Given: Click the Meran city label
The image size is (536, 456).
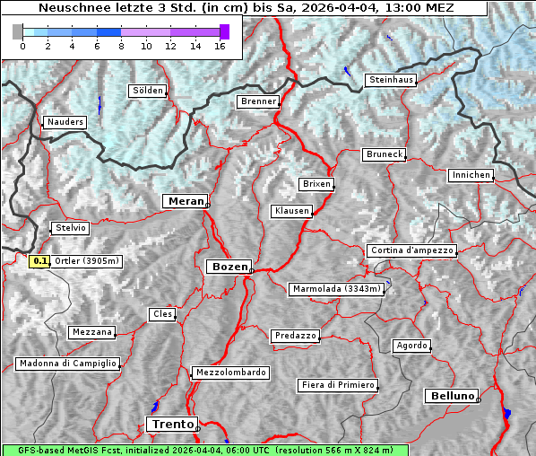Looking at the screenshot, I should pyautogui.click(x=185, y=201).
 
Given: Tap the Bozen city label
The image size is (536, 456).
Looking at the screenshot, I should pyautogui.click(x=229, y=267).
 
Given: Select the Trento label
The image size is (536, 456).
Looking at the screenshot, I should pyautogui.click(x=171, y=425).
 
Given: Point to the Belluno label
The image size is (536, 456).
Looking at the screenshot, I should pyautogui.click(x=451, y=395).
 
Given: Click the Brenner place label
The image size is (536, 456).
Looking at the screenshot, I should pyautogui.click(x=258, y=102).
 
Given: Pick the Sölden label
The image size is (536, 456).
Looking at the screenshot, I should pyautogui.click(x=148, y=91).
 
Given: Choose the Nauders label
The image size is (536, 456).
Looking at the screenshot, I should pyautogui.click(x=65, y=122).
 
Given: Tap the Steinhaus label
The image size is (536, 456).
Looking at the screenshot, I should pyautogui.click(x=392, y=80).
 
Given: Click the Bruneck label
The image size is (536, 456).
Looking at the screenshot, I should pyautogui.click(x=385, y=154).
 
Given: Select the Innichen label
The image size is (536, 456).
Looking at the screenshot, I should pyautogui.click(x=471, y=175).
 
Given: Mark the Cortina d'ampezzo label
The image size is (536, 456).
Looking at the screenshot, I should pyautogui.click(x=411, y=250).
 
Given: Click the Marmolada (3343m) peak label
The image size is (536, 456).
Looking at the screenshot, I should pyautogui.click(x=337, y=289).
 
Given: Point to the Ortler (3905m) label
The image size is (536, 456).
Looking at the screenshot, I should pyautogui.click(x=86, y=261).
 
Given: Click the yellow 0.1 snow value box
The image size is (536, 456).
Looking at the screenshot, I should pyautogui.click(x=39, y=261).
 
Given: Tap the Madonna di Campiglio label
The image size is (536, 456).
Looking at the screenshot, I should pyautogui.click(x=67, y=364).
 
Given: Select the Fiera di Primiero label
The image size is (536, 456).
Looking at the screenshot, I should pyautogui.click(x=337, y=385).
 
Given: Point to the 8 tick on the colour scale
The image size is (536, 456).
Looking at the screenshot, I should pyautogui.click(x=121, y=46).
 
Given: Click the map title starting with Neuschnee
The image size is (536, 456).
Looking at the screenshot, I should pyautogui.click(x=246, y=8).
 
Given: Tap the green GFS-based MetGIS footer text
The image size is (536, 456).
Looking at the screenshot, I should pyautogui.click(x=204, y=450).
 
